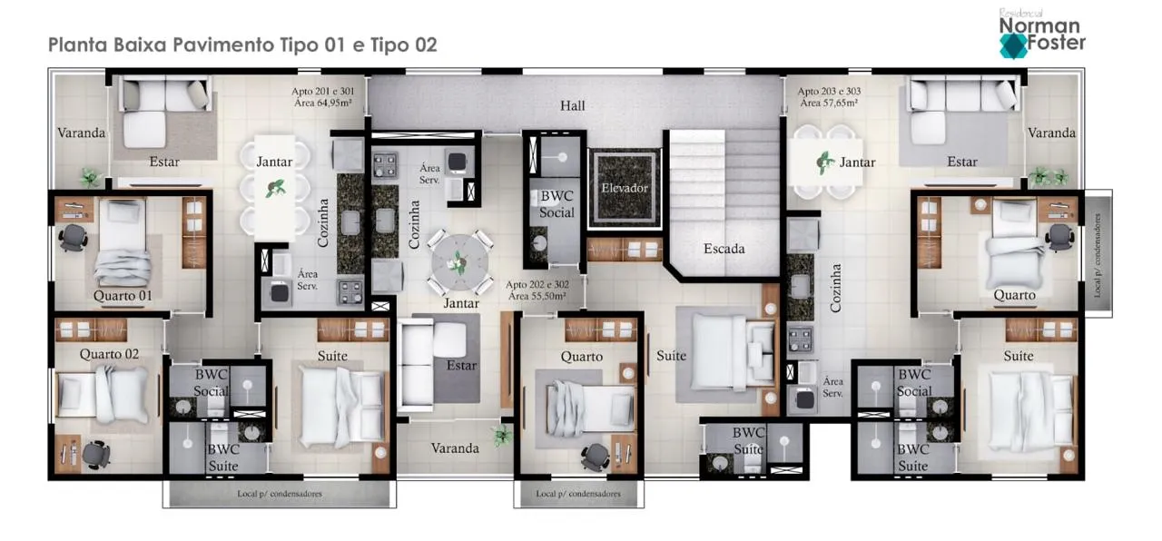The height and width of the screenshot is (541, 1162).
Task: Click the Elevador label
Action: [x=625, y=188]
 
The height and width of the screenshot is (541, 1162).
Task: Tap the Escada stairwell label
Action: [x=724, y=249]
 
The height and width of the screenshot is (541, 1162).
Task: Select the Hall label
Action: [x=572, y=106]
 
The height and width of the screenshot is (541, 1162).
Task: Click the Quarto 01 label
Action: [x=123, y=296]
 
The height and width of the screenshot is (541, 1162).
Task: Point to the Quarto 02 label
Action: [x=109, y=354]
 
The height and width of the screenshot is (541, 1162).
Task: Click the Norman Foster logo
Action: [x=1041, y=34]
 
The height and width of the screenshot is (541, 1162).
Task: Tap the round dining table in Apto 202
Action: [x=459, y=262]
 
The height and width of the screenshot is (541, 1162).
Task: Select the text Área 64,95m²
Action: [x=322, y=103]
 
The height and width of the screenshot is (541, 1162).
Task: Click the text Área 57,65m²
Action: [x=829, y=103]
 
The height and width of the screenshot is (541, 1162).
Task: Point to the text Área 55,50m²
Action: [x=537, y=296]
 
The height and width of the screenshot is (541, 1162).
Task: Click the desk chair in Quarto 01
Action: [x=74, y=238]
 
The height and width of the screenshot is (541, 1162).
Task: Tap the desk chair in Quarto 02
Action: [x=96, y=455]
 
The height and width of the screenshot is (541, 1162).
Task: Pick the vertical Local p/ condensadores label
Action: [x=1098, y=255]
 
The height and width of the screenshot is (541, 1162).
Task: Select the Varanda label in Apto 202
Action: [x=455, y=448]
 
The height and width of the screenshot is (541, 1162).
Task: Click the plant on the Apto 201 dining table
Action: [x=275, y=188]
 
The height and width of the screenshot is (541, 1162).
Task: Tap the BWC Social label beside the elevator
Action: [x=556, y=204]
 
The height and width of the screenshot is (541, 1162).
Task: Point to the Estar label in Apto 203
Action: [x=962, y=162]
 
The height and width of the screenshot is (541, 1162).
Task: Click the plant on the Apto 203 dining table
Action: [x=824, y=162]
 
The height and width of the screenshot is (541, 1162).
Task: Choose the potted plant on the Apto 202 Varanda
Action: [x=501, y=435]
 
